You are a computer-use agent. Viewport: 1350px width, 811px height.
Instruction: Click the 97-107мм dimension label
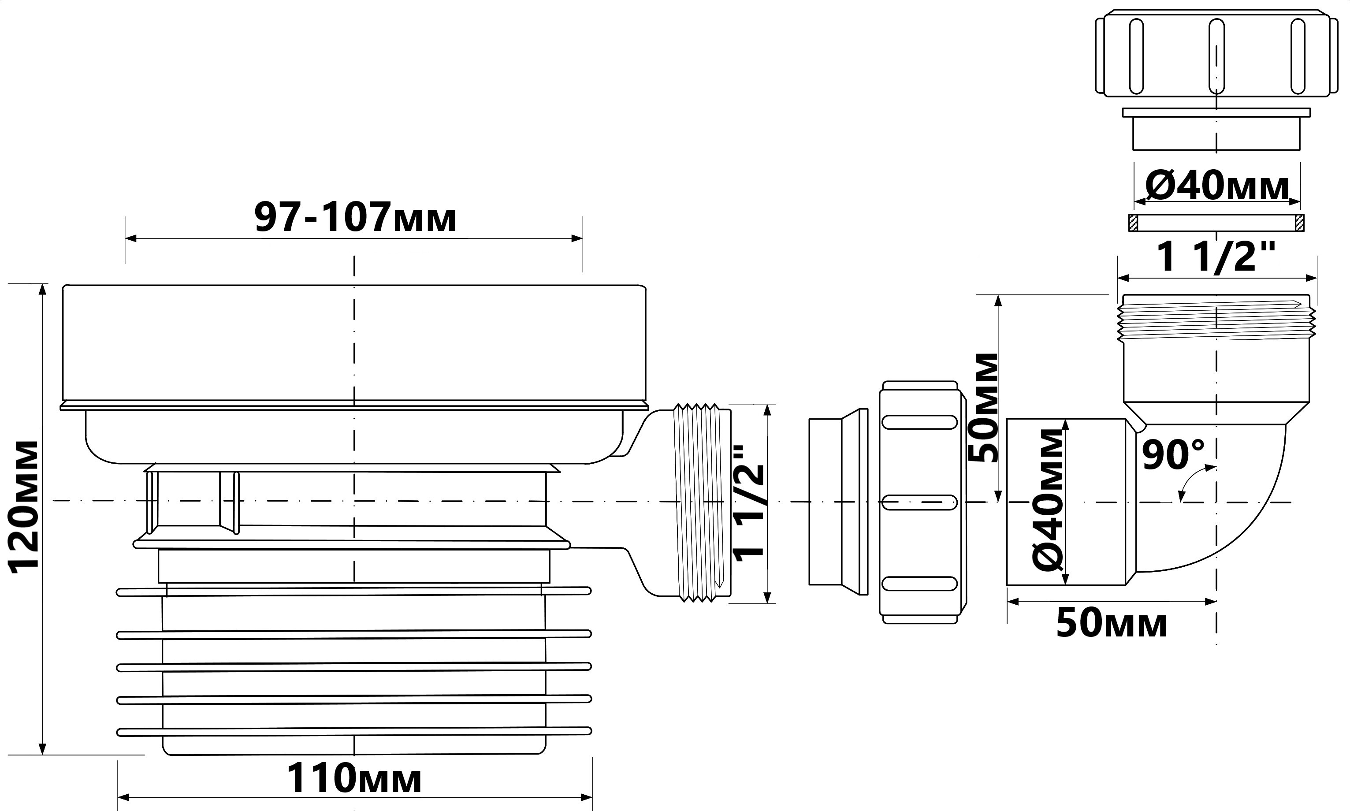[355, 217]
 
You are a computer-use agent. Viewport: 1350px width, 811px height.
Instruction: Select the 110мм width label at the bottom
[354, 778]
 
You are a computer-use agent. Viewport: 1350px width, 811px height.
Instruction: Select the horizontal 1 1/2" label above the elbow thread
[1216, 257]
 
